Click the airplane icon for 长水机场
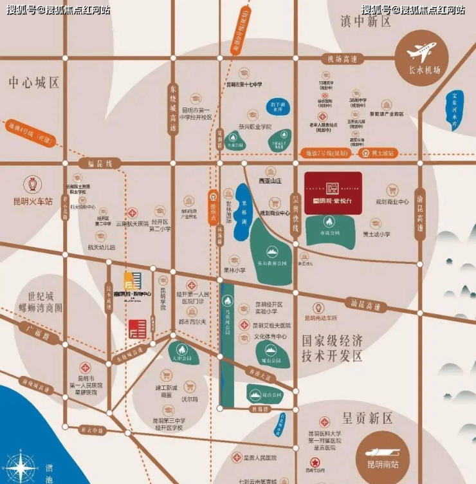(422, 50)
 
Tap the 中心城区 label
(34, 82)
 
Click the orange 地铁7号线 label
(325, 153)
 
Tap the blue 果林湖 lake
(243, 200)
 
